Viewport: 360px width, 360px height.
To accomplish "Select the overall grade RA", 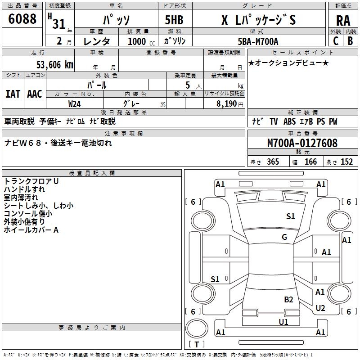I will (x=343, y=21).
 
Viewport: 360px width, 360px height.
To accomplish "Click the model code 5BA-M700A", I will (x=258, y=41).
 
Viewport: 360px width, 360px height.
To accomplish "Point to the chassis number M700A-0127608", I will (x=302, y=143).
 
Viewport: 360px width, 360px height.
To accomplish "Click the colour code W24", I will (x=75, y=103).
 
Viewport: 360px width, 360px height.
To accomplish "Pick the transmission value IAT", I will (x=13, y=94).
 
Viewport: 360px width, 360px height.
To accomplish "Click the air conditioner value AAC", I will (x=35, y=94).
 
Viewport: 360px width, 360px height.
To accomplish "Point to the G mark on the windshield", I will (x=284, y=237).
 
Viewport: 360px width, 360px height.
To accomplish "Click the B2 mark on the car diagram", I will (x=288, y=299).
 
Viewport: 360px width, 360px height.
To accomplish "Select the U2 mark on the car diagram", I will (x=320, y=308).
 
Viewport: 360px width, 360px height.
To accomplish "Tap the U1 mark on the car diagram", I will (x=283, y=322).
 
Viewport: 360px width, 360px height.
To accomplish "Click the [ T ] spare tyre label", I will (x=197, y=345).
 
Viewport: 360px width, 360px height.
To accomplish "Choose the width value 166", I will (x=310, y=162).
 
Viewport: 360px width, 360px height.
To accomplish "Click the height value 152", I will (x=346, y=162).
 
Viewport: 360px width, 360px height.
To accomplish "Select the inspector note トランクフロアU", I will (x=31, y=181).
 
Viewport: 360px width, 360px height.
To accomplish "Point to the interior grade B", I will (x=351, y=41).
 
